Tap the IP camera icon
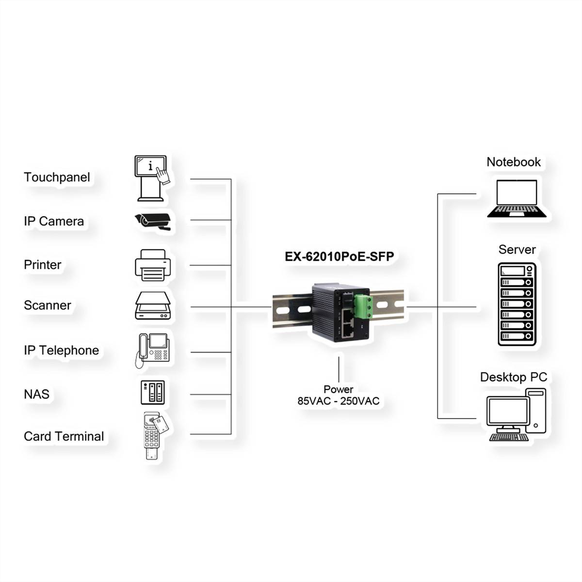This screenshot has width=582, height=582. pos(153,221)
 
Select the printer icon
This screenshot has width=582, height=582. pos(153,265)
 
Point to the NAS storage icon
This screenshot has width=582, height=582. pos(153,393)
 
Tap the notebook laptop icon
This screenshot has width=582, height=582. pos(517,198)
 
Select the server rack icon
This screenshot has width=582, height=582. pos(517,304)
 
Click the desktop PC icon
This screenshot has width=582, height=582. pos(517,415)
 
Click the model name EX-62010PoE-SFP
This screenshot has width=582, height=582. pos(339,257)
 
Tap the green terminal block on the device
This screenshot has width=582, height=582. pos(364,307)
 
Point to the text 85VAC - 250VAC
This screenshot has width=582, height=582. pos(339,401)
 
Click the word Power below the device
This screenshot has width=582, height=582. pos(339,389)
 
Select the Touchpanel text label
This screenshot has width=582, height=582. pos(57,177)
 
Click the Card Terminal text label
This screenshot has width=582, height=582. pos(64,436)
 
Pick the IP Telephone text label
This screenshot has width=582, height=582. pos(61,350)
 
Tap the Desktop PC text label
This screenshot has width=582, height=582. pos(513,377)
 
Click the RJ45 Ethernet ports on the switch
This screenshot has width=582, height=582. pos(348,323)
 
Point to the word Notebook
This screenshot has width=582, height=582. pos(513,162)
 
